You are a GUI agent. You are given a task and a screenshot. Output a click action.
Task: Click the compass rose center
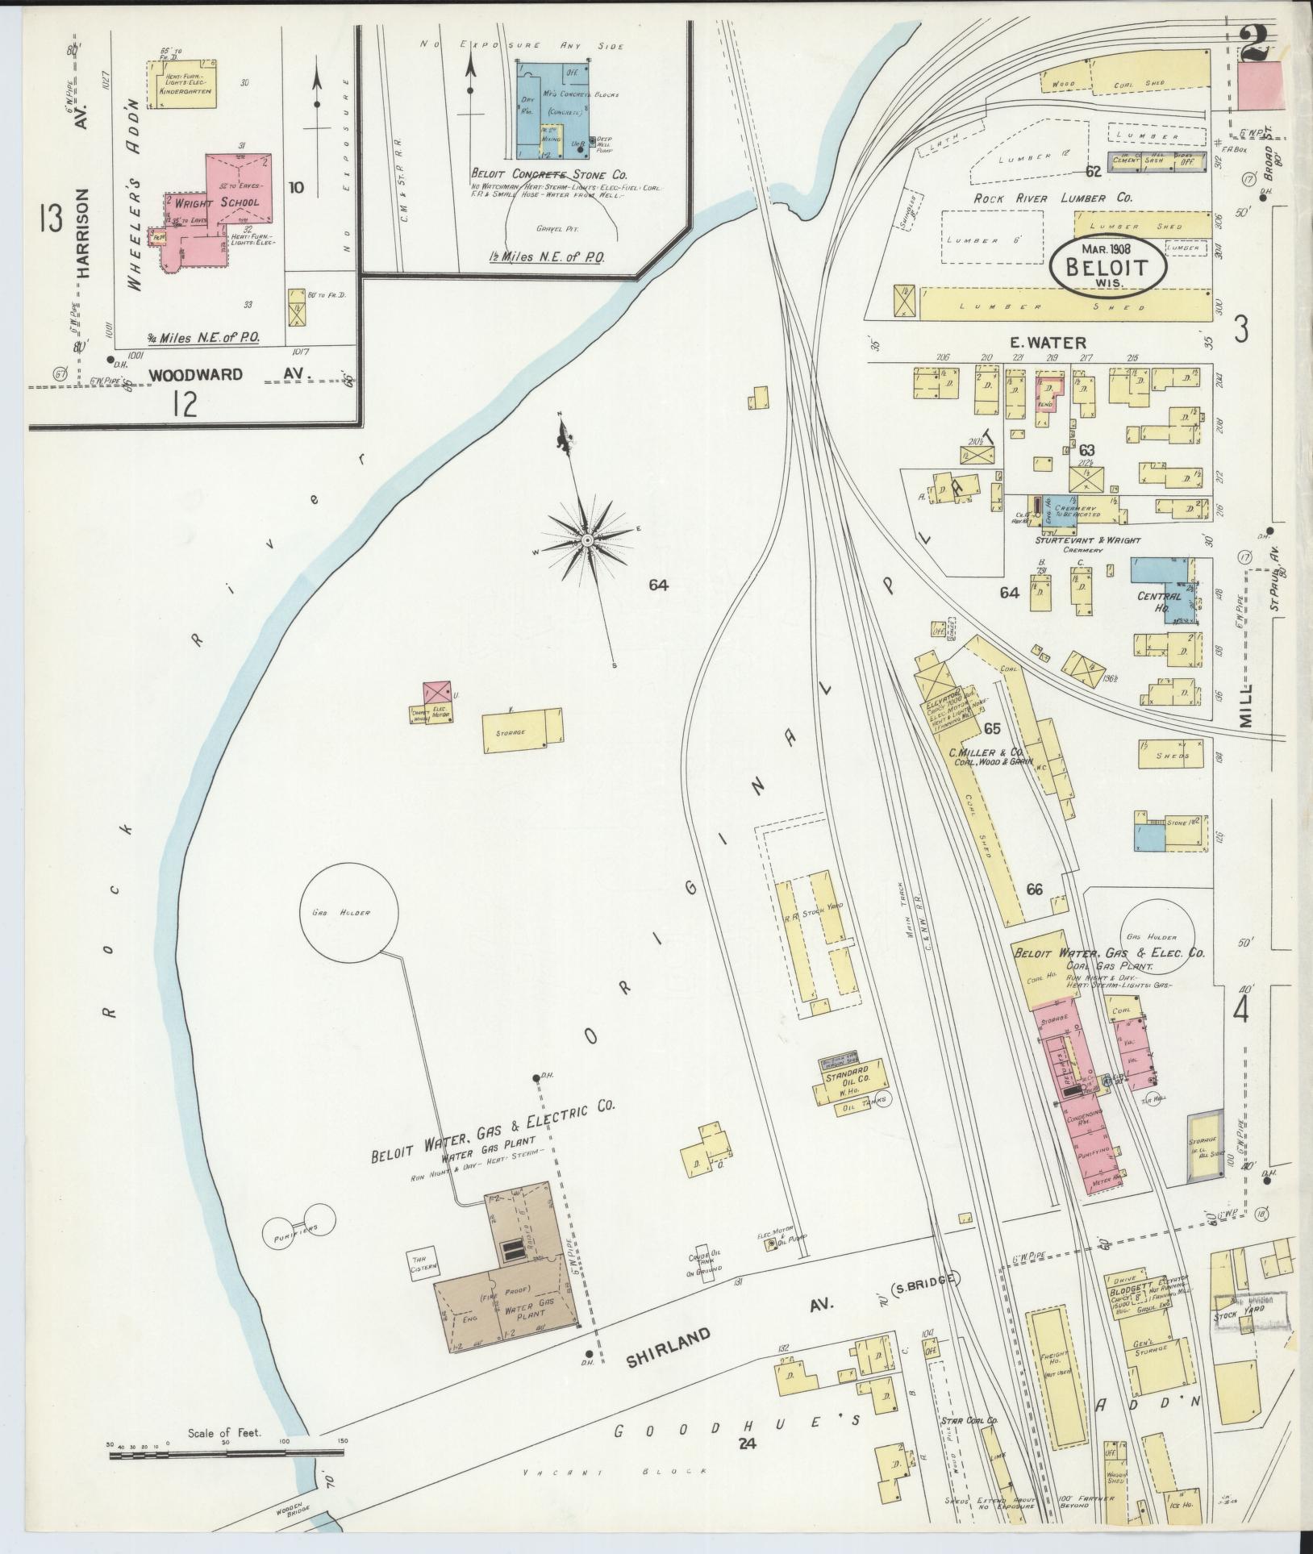pos(588,539)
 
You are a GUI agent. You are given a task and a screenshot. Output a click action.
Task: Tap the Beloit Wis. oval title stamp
pos(1107,263)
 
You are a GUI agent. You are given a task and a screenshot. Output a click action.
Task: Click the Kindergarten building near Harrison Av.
pos(185,83)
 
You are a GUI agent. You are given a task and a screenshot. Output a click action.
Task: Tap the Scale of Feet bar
pos(227,1453)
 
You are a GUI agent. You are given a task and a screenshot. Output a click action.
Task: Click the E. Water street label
pos(1048,343)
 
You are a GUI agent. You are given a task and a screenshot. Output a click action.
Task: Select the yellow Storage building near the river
pos(522,731)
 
